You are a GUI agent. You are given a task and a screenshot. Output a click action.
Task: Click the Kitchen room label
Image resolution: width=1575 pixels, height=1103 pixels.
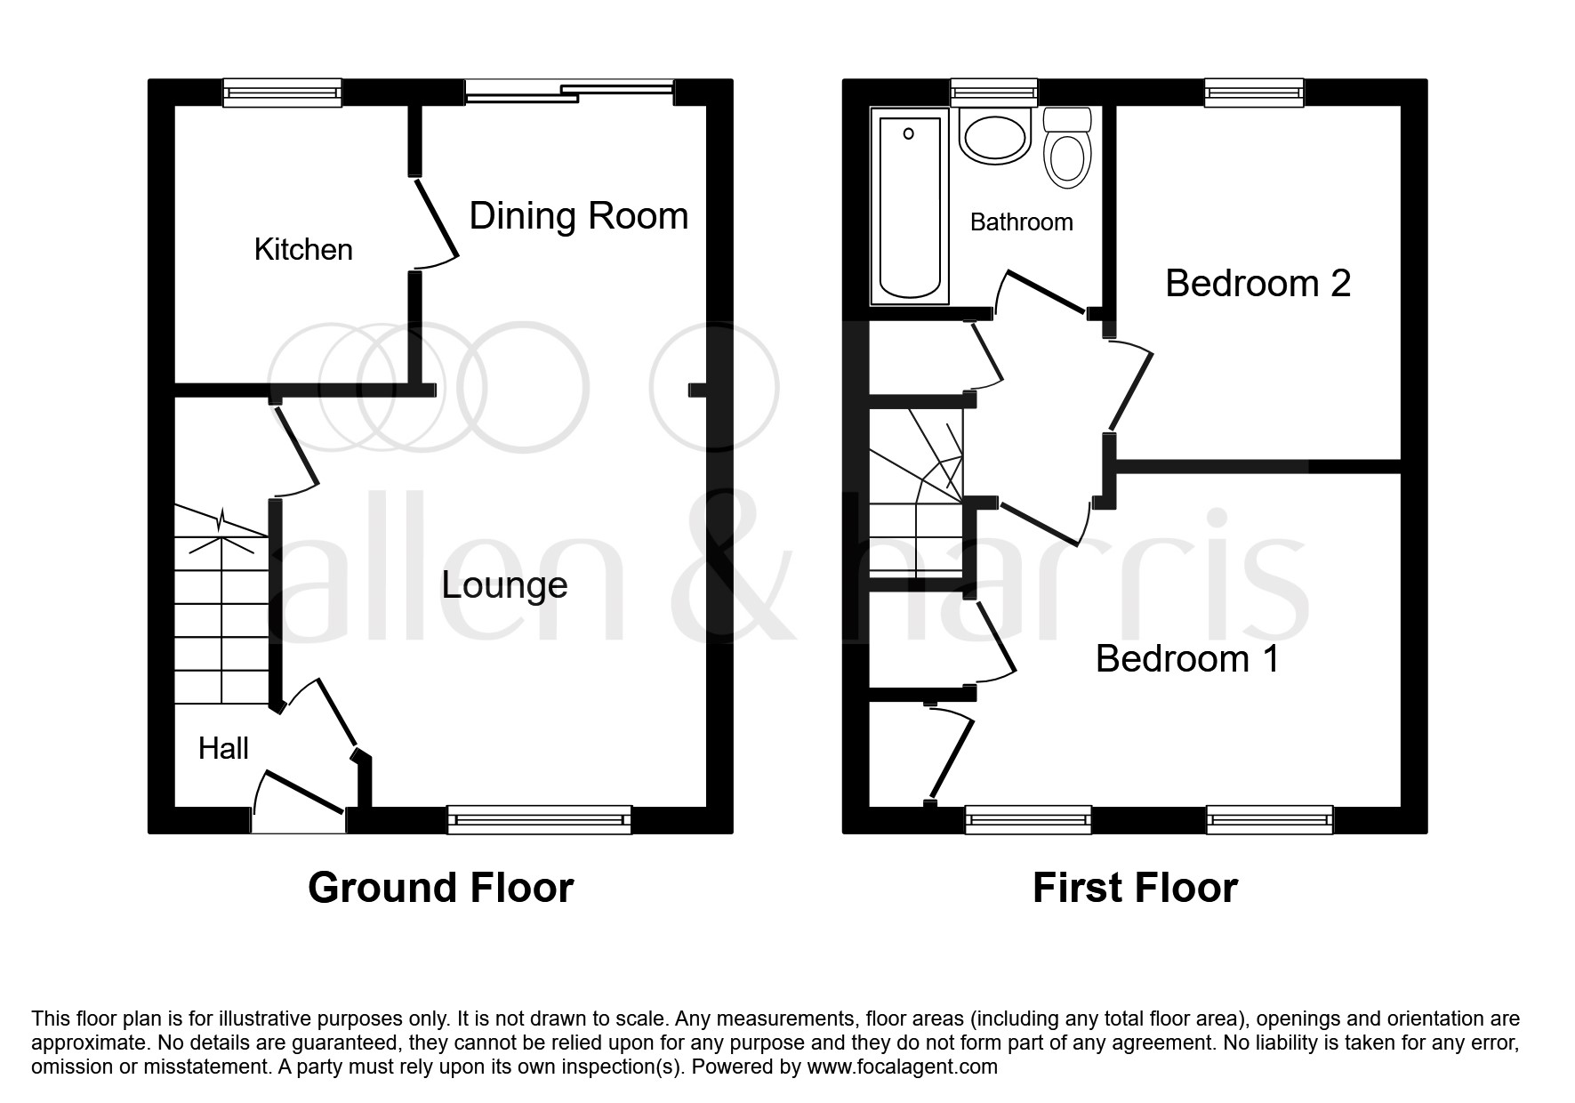point(303,250)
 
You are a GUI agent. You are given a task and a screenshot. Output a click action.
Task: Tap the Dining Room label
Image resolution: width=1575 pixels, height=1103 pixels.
point(578,216)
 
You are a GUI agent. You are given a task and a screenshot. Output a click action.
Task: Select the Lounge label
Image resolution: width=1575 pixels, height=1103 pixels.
point(504,585)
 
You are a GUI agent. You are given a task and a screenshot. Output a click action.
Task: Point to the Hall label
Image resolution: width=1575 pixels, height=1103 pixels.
point(223,749)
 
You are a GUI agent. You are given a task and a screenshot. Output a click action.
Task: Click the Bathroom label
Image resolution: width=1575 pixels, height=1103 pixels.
point(1021,222)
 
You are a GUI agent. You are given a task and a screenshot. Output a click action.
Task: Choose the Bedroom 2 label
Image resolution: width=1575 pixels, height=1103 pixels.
point(1258,284)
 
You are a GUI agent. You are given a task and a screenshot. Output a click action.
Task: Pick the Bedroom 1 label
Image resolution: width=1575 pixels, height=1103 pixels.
point(1187,659)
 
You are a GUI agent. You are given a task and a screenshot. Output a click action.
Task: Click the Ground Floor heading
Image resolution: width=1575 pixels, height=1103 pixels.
point(440,888)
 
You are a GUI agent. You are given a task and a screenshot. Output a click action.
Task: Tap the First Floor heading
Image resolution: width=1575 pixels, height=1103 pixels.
point(1135,888)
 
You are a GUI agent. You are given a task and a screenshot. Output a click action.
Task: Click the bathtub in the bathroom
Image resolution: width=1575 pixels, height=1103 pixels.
point(909,206)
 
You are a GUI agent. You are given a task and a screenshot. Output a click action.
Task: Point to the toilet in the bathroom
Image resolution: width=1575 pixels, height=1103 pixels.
point(1067,149)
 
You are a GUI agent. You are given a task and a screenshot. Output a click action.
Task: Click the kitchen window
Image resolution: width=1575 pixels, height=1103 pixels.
point(282,93)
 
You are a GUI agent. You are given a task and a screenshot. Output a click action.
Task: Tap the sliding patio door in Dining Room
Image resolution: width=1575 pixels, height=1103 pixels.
point(569,89)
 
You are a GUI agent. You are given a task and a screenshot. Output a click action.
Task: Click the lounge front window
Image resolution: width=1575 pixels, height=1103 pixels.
point(539,819)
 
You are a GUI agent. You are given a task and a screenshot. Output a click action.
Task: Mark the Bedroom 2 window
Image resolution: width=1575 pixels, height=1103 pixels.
point(1254,93)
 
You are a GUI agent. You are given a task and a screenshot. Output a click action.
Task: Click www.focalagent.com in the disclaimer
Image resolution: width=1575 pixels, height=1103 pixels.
point(902,1067)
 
